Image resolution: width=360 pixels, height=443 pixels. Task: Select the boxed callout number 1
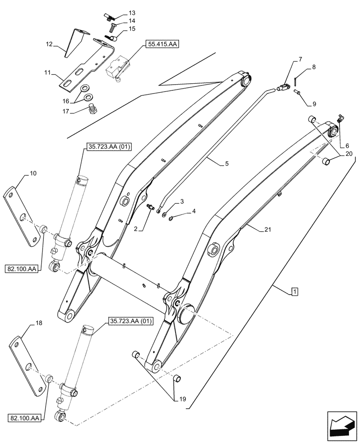pos(295,291)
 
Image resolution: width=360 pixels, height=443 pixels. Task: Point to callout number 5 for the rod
pos(227,164)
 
